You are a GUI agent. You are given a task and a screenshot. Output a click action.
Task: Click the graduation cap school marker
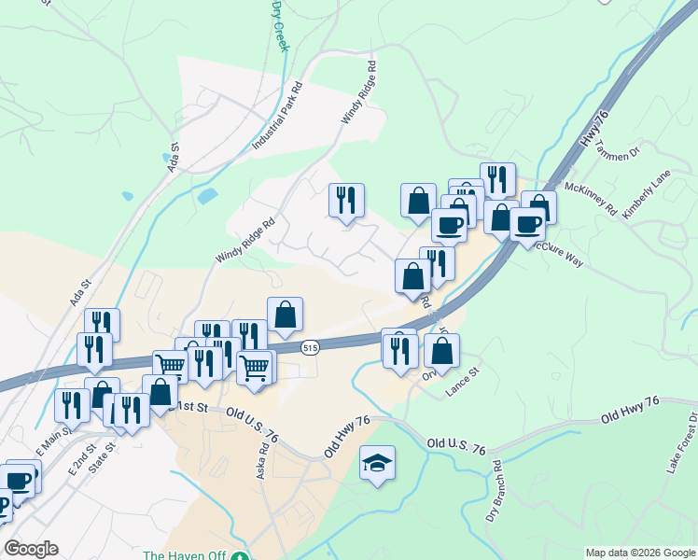[377, 464]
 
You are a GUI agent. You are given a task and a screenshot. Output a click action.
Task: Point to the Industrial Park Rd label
[279, 117]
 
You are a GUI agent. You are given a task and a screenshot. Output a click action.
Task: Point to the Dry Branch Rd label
[496, 490]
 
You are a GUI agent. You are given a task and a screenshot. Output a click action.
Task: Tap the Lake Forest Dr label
[681, 443]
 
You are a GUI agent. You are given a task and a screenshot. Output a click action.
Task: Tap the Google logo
[31, 549]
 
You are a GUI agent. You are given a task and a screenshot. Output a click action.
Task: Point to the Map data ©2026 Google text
[640, 553]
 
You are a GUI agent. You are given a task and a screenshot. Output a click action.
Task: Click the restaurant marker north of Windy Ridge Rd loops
[346, 201]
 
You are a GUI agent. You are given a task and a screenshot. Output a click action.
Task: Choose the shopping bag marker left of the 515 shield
[286, 315]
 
